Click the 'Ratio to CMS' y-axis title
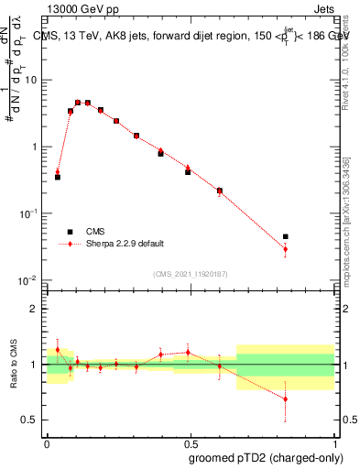(x=14, y=365)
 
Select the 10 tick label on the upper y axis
(x=31, y=80)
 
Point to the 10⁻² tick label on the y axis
(x=29, y=279)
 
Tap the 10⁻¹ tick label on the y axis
(x=29, y=213)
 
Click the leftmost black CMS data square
(x=58, y=177)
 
